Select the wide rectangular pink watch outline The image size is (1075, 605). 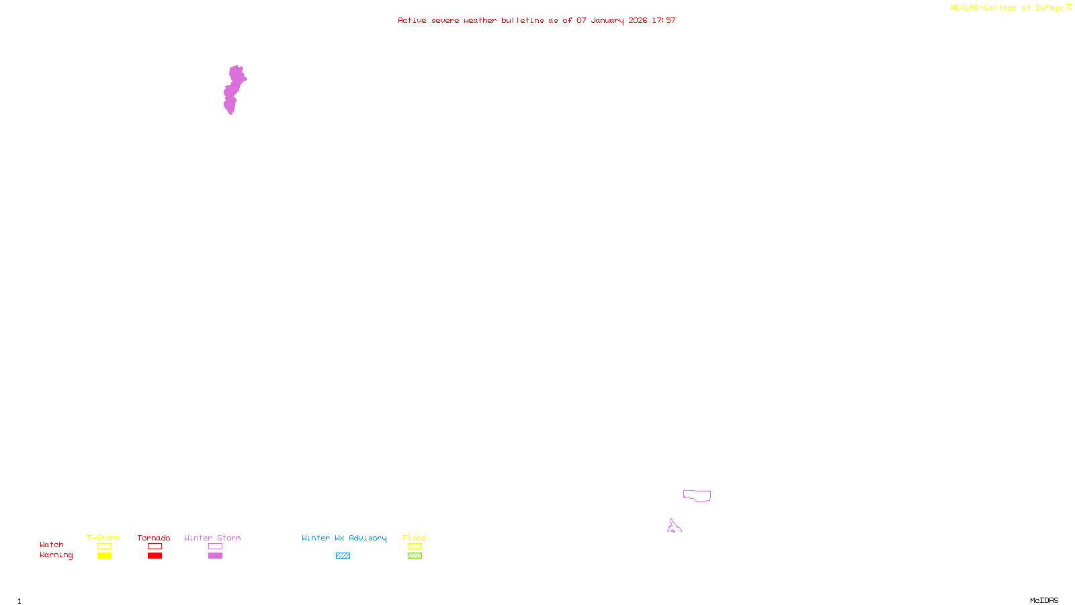click(697, 496)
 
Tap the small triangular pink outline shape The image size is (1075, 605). click(674, 527)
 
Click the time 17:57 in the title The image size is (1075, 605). click(664, 21)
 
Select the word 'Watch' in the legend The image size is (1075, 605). click(52, 545)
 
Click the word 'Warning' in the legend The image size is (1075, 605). click(56, 555)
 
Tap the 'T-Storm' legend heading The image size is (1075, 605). click(103, 538)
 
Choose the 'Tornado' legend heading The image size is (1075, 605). click(154, 538)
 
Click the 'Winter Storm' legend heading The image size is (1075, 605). click(212, 538)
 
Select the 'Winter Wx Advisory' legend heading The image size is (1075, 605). click(344, 538)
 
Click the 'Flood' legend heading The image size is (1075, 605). click(415, 538)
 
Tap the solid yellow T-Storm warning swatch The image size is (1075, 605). click(104, 556)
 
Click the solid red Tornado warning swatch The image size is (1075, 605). click(155, 556)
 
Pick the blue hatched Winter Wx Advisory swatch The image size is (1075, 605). click(343, 556)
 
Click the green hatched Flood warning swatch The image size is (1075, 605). click(415, 556)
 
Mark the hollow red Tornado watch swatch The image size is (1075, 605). click(155, 547)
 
